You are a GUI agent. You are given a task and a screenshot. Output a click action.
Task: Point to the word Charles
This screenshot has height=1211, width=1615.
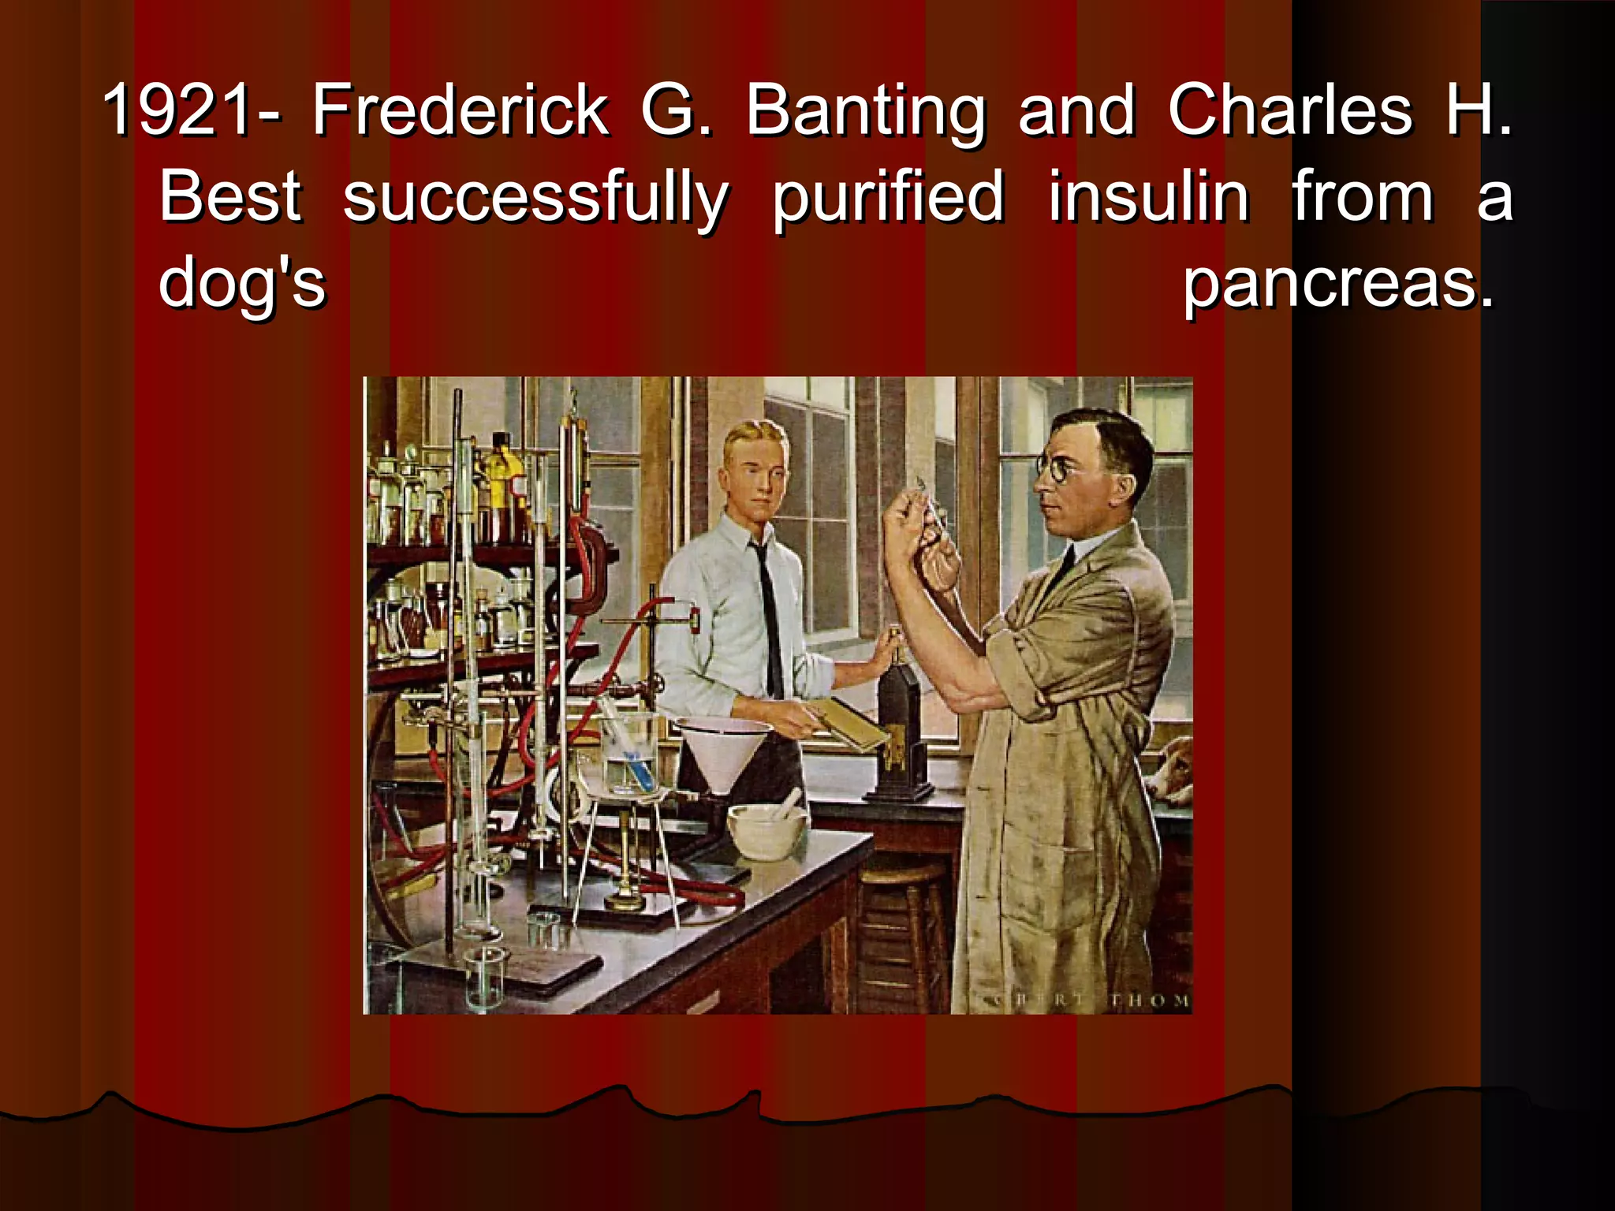(1290, 110)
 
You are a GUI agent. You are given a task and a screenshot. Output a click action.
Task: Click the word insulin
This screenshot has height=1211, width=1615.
(1148, 197)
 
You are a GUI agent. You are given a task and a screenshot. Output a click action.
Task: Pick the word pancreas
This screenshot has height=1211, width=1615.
(1337, 284)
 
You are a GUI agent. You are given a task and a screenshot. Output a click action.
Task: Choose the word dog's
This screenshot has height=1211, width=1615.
(242, 284)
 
